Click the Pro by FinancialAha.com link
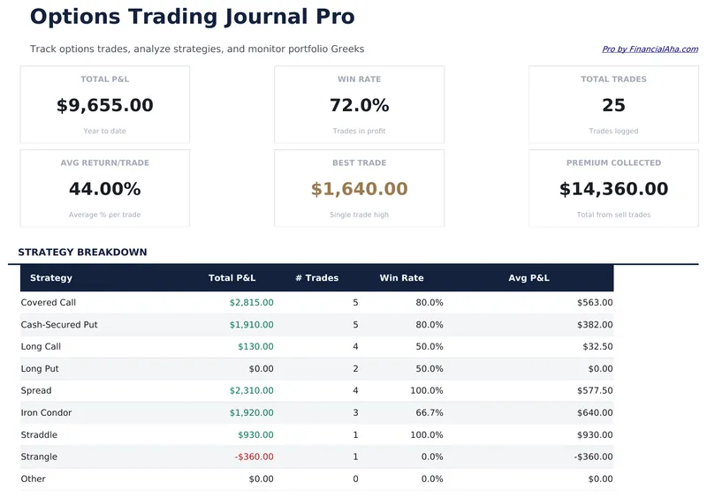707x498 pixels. [x=650, y=49]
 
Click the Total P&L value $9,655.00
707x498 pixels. [x=104, y=106]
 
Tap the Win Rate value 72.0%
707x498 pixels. [x=359, y=106]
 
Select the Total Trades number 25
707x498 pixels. [x=613, y=106]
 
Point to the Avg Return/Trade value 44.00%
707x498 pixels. [x=104, y=189]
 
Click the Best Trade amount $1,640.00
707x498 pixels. [x=359, y=189]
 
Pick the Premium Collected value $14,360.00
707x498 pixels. [x=613, y=189]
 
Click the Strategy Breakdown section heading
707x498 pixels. [x=82, y=253]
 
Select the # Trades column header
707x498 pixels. [x=316, y=278]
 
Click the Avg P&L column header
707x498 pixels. [x=528, y=278]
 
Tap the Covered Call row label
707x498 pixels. [x=49, y=303]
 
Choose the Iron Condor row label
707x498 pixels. [x=46, y=413]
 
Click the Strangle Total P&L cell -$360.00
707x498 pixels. [x=254, y=457]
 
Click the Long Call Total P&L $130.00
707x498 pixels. [x=255, y=347]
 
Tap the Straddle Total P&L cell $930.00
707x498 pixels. [x=255, y=435]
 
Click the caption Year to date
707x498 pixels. [x=104, y=132]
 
